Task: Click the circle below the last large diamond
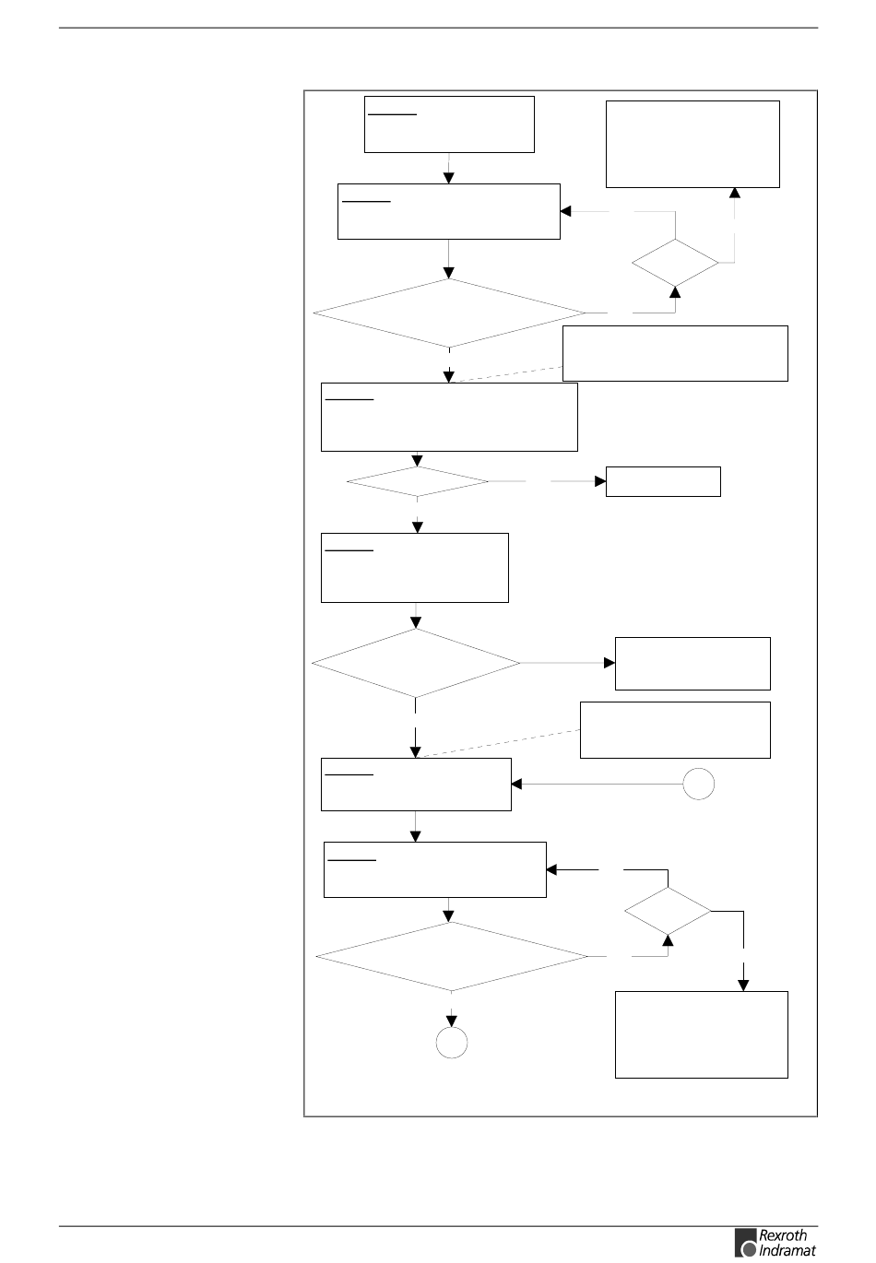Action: (x=452, y=1043)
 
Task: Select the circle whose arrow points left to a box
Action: (x=699, y=785)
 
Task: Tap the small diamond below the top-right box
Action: (x=676, y=263)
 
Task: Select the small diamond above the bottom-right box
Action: (x=669, y=912)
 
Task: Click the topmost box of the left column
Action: (x=450, y=124)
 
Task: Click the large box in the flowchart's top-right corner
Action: (x=693, y=144)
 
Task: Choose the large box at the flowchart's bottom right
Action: (x=702, y=1034)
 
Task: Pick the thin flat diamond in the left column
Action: (x=418, y=482)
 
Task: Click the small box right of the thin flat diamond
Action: (x=663, y=481)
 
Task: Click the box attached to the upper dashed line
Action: (x=675, y=352)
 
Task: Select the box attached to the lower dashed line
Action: (x=675, y=730)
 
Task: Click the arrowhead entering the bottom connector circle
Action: (x=452, y=1021)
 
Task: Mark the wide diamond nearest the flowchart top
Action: (x=449, y=313)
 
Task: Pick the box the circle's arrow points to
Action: (x=416, y=785)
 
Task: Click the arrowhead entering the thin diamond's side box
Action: (x=599, y=481)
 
